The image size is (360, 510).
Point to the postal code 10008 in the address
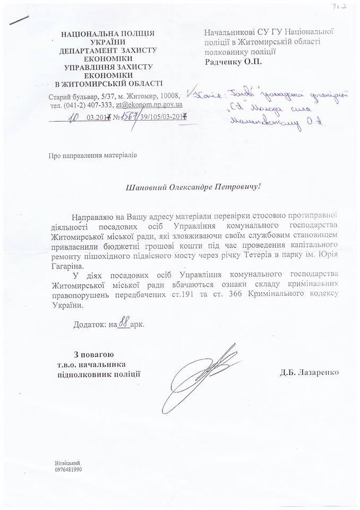[x=170, y=96]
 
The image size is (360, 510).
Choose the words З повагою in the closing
[x=93, y=354]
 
